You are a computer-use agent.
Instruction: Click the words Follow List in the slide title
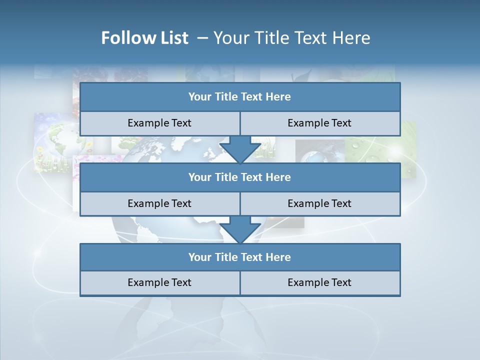point(145,38)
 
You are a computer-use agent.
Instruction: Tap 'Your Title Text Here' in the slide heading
point(292,38)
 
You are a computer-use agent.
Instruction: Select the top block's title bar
point(240,97)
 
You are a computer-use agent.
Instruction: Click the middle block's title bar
point(240,177)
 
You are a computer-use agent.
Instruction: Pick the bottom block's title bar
point(240,257)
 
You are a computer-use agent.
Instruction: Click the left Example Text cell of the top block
point(159,123)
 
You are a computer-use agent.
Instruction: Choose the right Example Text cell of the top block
point(319,123)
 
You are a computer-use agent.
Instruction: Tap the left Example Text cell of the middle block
point(159,203)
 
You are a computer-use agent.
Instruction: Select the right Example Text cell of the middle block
point(319,203)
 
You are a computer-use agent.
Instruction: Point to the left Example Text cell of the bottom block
point(159,282)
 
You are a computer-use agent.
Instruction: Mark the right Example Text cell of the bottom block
point(319,282)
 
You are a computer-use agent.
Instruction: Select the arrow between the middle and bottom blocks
point(240,229)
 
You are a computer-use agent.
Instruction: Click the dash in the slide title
point(203,38)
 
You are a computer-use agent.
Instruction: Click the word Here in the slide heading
point(352,38)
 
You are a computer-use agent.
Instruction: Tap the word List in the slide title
point(172,38)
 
